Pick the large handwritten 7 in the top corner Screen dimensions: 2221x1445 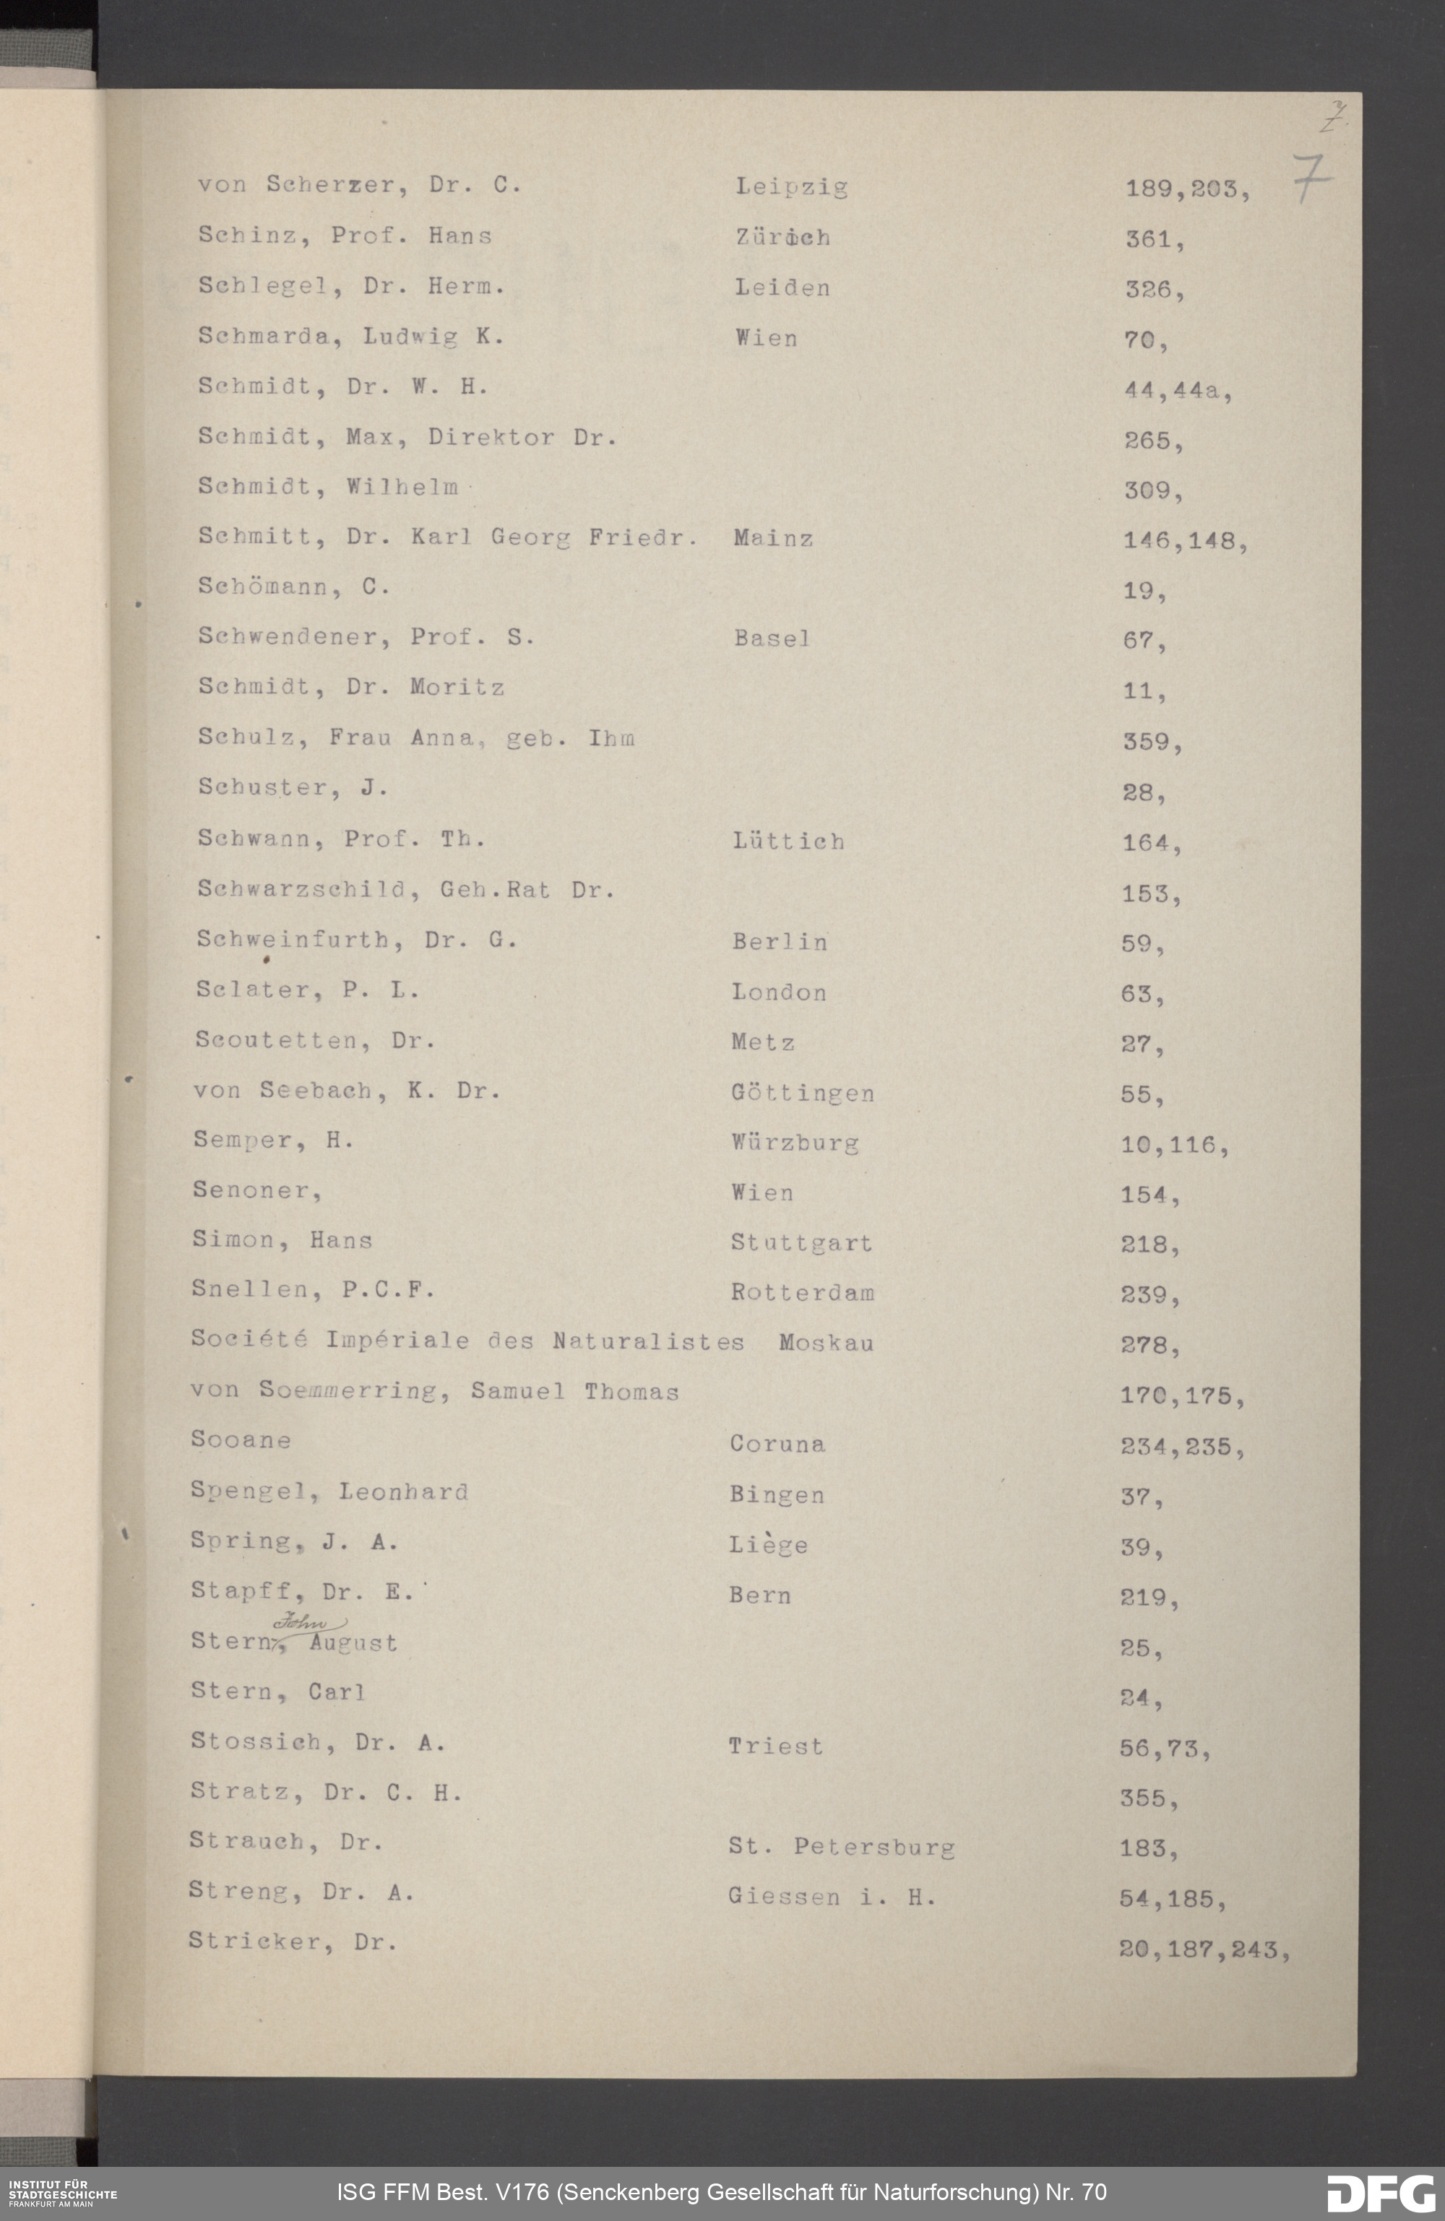(x=1311, y=177)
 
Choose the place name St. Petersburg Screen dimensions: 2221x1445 (x=841, y=1847)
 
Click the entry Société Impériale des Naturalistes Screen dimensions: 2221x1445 (x=467, y=1341)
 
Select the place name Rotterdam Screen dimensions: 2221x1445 (x=802, y=1292)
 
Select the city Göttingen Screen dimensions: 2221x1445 (x=802, y=1093)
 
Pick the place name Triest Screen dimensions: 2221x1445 (x=775, y=1746)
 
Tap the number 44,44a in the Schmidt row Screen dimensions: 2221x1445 (x=1177, y=391)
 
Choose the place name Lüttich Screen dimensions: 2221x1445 (x=788, y=841)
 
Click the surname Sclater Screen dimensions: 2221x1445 (x=258, y=990)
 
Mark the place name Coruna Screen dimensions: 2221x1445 (x=777, y=1445)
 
